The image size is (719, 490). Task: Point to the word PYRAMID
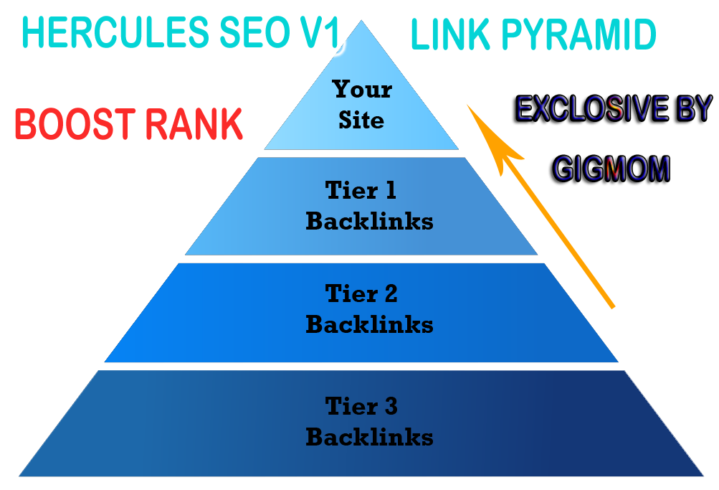pyautogui.click(x=581, y=35)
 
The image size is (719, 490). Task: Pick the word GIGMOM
pyautogui.click(x=611, y=169)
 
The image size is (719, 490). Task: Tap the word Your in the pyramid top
pyautogui.click(x=362, y=90)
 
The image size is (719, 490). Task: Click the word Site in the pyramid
pyautogui.click(x=362, y=119)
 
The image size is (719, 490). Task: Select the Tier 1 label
pyautogui.click(x=361, y=191)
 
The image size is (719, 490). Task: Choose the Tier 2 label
pyautogui.click(x=361, y=294)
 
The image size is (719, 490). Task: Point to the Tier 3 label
pyautogui.click(x=361, y=407)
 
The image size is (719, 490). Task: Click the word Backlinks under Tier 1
pyautogui.click(x=369, y=221)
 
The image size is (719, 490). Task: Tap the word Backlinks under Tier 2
pyautogui.click(x=369, y=324)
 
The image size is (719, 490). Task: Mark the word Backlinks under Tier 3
pyautogui.click(x=369, y=437)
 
